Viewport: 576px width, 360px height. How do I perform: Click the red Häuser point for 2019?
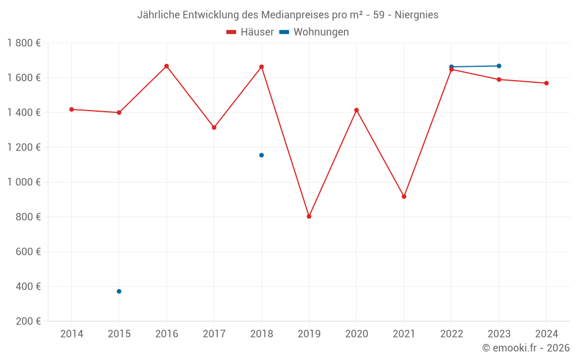pos(309,217)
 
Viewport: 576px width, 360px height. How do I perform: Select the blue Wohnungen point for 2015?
pos(119,291)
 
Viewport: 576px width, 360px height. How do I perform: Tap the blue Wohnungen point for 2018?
pos(262,155)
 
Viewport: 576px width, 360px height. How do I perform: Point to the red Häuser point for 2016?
pos(166,66)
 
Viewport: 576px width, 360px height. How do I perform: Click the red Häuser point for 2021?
pos(404,196)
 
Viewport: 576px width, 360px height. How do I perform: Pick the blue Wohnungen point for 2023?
pos(499,66)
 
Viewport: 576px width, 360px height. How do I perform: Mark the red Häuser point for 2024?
pos(546,83)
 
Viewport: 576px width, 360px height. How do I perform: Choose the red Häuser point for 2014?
pos(71,109)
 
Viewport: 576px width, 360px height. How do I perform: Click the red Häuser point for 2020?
pos(357,110)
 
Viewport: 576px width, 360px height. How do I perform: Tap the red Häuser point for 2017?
pos(214,127)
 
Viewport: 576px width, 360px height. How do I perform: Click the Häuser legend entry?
pos(250,32)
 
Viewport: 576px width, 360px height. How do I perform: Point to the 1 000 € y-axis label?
pos(24,182)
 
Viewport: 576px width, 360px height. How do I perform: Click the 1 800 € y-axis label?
pos(24,43)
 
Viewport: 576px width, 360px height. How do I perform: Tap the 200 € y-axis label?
pos(28,321)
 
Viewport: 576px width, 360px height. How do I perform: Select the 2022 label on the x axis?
pos(451,334)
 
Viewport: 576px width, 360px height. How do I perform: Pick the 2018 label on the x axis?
pos(262,334)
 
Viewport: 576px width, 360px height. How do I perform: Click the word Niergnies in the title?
pos(416,15)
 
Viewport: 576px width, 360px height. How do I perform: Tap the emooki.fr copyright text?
pos(526,348)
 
